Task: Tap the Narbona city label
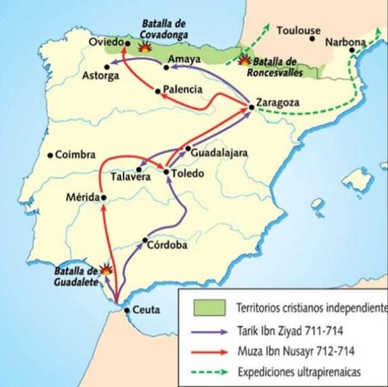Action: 345,41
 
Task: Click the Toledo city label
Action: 188,173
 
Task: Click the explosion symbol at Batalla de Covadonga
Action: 146,48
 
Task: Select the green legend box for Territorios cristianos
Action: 206,308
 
